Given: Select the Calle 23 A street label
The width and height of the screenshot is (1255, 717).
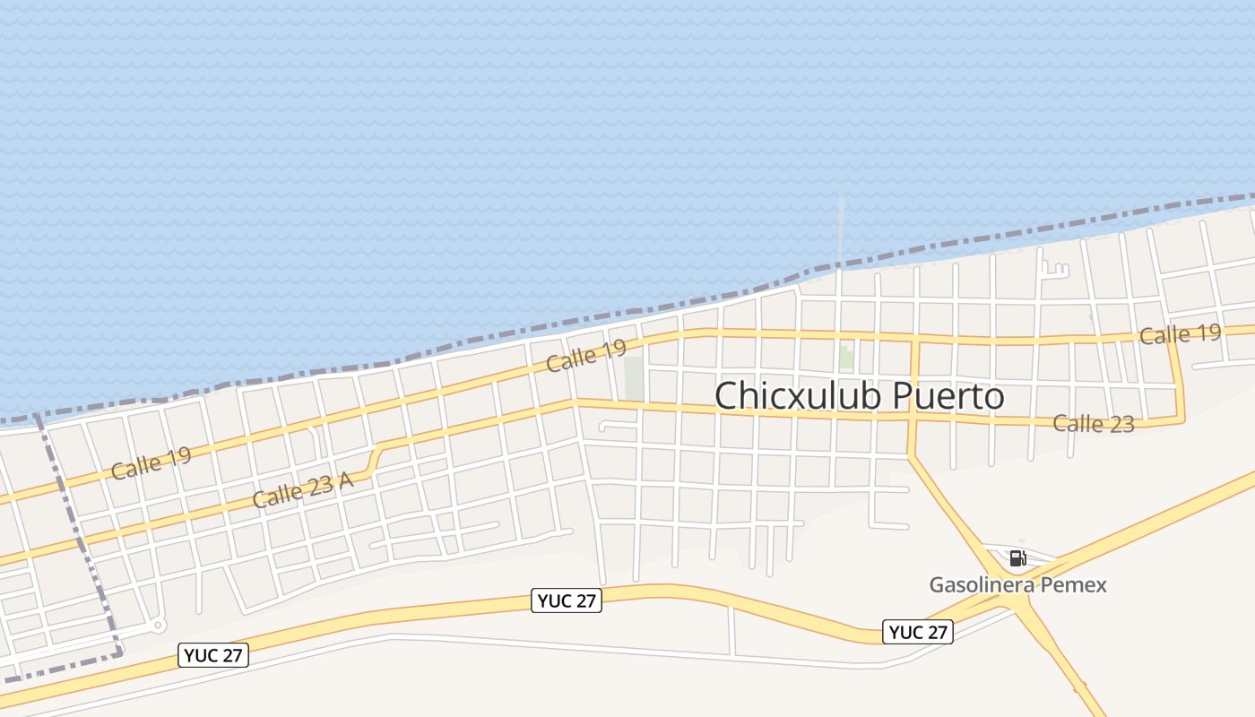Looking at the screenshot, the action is (302, 489).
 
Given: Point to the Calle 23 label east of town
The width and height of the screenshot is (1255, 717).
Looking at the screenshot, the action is (1093, 423).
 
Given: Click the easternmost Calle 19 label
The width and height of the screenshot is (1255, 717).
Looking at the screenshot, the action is (1180, 335).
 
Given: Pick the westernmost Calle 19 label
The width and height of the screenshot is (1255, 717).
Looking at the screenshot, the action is (151, 463).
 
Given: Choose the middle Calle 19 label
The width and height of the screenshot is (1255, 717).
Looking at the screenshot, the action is (585, 357).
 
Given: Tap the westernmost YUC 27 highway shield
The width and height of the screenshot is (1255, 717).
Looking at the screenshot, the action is (213, 655).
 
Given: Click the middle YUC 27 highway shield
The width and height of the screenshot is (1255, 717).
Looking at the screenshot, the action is (567, 600).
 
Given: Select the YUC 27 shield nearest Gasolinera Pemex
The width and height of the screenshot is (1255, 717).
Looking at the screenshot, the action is (917, 632).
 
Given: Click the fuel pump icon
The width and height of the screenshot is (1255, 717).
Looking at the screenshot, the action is (1017, 558).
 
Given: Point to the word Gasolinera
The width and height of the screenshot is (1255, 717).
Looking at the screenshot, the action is (982, 585).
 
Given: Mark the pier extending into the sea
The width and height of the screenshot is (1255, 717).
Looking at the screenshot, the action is (841, 229).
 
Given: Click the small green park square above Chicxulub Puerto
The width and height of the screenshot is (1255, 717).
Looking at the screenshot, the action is (845, 357).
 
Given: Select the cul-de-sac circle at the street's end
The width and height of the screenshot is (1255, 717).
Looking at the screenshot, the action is (158, 625).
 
